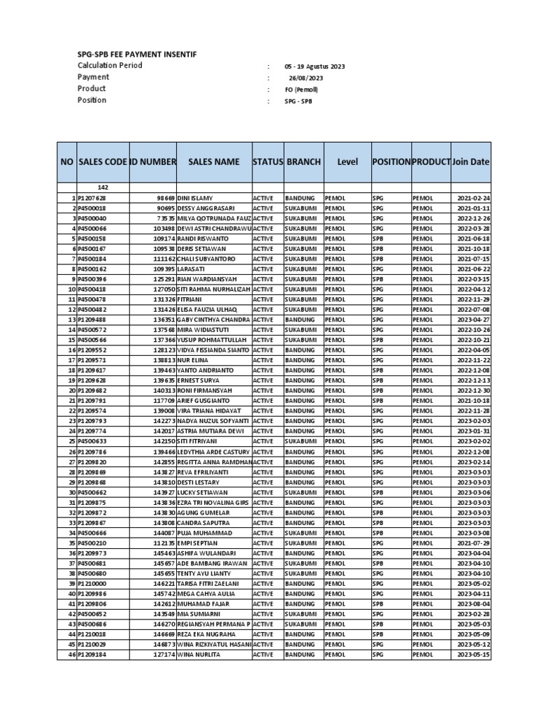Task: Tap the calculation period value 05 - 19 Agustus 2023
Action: click(x=314, y=66)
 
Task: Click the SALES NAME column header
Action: click(x=213, y=162)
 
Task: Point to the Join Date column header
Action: click(x=471, y=162)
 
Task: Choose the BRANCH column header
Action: click(x=303, y=162)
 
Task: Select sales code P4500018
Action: click(x=92, y=208)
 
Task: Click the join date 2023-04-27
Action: click(x=474, y=320)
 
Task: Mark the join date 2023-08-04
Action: click(x=474, y=604)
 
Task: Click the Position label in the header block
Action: click(x=92, y=100)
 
